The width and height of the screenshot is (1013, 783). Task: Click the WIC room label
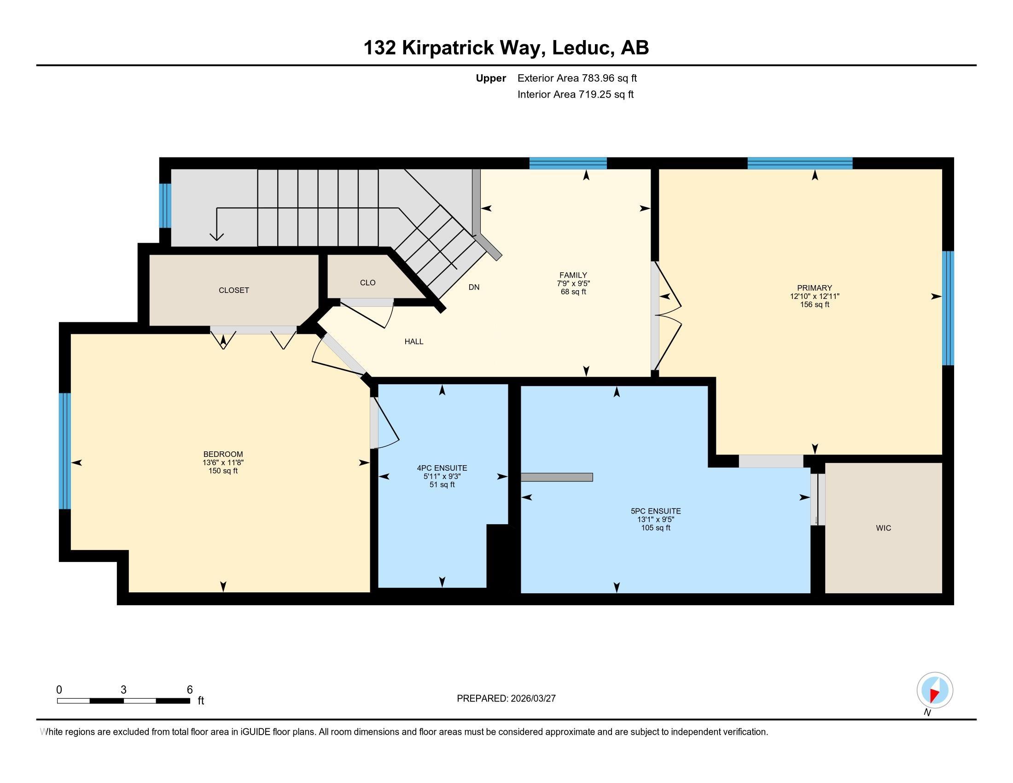point(883,528)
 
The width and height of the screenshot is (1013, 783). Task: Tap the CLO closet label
point(367,282)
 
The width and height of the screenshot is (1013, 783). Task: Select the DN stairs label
point(473,287)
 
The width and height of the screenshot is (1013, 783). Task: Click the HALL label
point(414,341)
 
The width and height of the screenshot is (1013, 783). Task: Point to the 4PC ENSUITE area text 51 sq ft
point(442,485)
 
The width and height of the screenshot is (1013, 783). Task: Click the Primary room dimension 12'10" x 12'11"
point(815,296)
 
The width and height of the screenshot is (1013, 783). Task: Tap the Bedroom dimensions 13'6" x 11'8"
point(223,462)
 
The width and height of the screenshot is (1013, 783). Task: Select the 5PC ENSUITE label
point(655,511)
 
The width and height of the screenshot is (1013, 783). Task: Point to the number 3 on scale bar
point(123,690)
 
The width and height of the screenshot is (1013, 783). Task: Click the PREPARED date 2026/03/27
point(532,699)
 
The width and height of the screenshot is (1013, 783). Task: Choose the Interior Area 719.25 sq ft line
point(575,94)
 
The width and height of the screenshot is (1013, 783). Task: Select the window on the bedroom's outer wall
point(65,451)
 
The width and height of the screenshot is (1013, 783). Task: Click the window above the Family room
point(568,164)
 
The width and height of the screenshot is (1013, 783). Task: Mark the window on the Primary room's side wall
point(948,308)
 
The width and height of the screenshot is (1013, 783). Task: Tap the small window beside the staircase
point(165,206)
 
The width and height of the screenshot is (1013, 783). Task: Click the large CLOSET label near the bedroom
point(234,290)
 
